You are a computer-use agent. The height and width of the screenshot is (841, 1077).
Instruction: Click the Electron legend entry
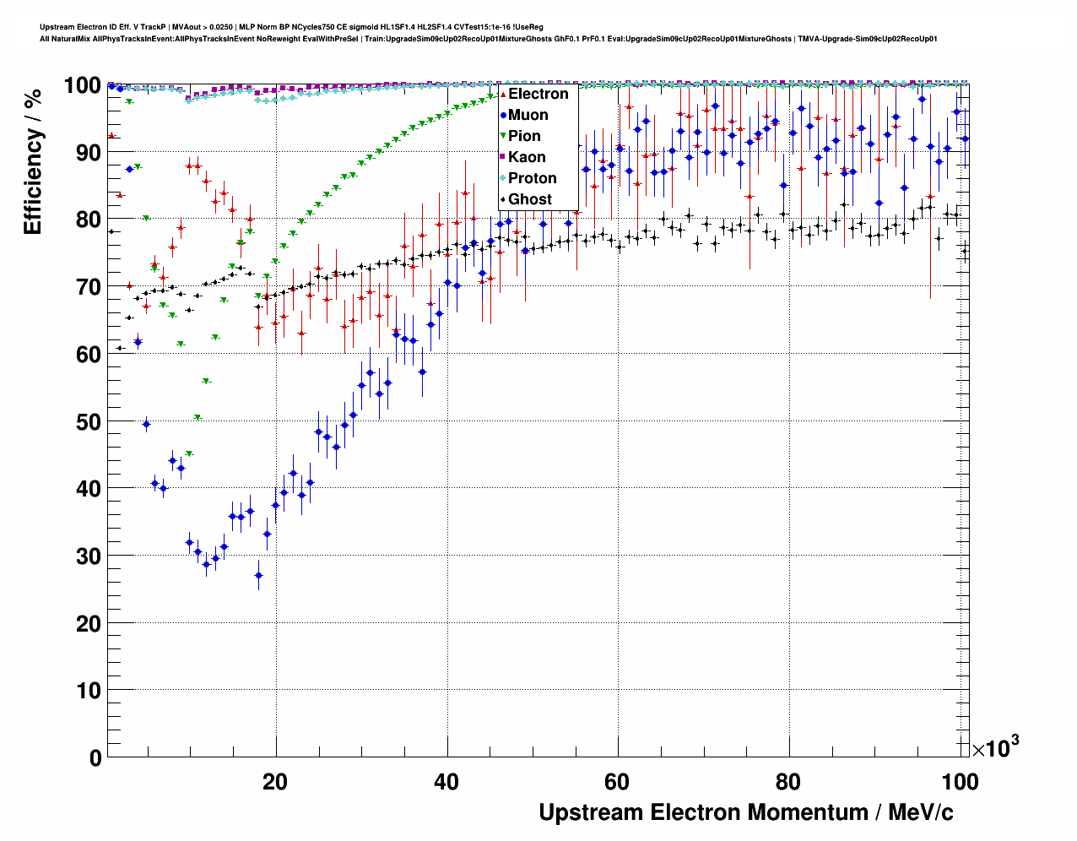point(538,94)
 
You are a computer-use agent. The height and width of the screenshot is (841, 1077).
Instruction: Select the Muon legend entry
point(528,115)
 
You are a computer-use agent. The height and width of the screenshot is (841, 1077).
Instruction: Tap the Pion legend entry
point(524,136)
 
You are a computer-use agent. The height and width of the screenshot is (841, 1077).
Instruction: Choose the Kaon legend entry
point(527,157)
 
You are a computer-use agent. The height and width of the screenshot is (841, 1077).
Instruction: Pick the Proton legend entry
point(532,178)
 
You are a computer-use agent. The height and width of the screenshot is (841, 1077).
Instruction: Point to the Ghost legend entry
point(529,199)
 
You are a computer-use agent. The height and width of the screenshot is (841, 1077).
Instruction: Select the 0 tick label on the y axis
point(95,757)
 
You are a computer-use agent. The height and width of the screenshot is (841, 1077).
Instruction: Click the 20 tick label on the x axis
point(275,782)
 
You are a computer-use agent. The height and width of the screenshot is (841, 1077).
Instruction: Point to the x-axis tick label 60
point(617,782)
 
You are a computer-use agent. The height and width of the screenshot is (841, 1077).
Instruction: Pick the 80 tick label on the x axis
point(788,782)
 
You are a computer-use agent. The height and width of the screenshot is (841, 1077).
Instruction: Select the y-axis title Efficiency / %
point(33,160)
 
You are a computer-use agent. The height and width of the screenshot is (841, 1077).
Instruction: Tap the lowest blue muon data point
point(258,576)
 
